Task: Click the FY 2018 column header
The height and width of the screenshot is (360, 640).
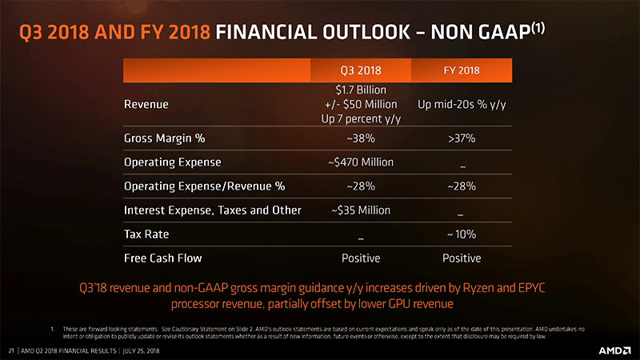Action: [461, 70]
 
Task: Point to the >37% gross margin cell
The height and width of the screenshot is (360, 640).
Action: [462, 138]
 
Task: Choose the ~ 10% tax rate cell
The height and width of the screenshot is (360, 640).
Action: [462, 234]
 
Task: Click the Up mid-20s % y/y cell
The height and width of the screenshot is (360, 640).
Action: [462, 104]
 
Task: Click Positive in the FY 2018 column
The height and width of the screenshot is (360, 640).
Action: [462, 258]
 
